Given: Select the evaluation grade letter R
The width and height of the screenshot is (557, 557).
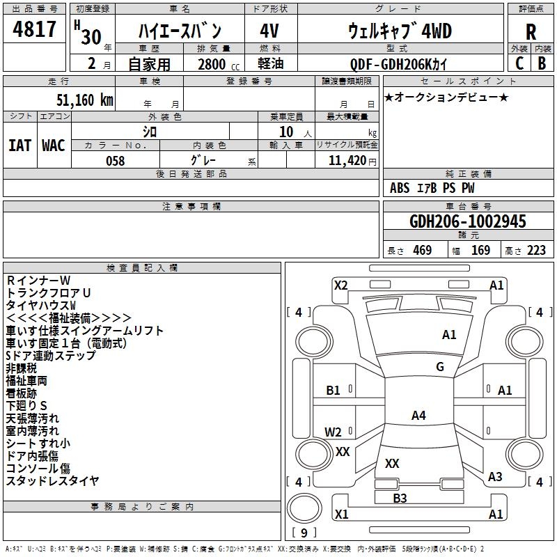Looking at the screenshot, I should (x=531, y=32).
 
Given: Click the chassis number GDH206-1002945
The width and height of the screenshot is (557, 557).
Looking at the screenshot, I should (x=468, y=222).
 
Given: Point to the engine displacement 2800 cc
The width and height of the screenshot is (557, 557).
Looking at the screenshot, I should (x=212, y=65).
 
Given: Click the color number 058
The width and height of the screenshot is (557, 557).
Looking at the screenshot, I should (x=115, y=161).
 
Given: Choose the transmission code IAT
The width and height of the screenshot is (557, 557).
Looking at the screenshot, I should (x=19, y=146).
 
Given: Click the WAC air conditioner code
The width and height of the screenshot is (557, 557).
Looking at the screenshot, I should (x=54, y=146).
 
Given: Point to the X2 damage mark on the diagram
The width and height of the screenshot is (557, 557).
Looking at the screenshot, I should (x=340, y=285).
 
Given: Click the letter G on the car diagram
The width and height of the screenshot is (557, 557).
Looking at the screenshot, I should (x=440, y=367).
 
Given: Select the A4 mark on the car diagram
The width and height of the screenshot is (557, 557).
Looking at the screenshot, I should (x=418, y=416).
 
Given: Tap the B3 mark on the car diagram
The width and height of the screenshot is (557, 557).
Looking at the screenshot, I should (x=400, y=498).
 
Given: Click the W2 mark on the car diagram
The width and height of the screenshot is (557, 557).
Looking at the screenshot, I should (x=334, y=432).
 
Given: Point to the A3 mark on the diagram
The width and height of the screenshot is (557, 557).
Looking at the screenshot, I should (x=495, y=477).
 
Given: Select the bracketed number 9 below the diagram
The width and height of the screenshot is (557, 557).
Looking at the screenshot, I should (x=304, y=533).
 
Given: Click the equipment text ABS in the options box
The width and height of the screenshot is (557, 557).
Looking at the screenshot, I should (x=400, y=188).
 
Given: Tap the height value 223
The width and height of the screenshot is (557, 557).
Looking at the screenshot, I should (x=536, y=251).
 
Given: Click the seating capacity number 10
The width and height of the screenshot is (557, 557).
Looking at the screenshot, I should (x=286, y=132).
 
